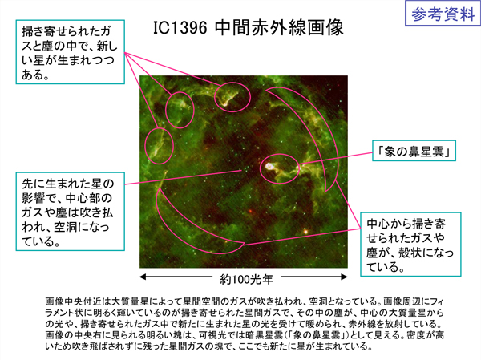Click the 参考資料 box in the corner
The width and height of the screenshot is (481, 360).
443,14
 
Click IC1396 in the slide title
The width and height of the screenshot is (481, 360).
180,28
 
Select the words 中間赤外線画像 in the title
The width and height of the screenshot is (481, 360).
279,28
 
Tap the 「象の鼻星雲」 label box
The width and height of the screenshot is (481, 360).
414,151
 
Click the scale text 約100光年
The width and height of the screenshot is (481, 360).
246,279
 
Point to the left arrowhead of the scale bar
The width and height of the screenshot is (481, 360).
143,277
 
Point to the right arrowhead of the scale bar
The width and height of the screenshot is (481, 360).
344,277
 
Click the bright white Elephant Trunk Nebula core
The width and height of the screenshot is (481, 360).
269,166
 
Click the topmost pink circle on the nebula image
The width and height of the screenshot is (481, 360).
232,83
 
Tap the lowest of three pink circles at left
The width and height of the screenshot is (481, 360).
145,146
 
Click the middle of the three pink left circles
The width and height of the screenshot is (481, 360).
166,110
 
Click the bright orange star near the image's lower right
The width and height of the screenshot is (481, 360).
305,231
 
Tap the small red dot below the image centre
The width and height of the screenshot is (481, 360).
251,211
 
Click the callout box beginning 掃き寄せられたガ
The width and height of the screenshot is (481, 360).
71,52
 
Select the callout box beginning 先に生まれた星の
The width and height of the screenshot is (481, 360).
71,212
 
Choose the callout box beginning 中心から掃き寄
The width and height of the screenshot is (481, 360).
410,245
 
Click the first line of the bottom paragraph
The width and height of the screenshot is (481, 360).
245,301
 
